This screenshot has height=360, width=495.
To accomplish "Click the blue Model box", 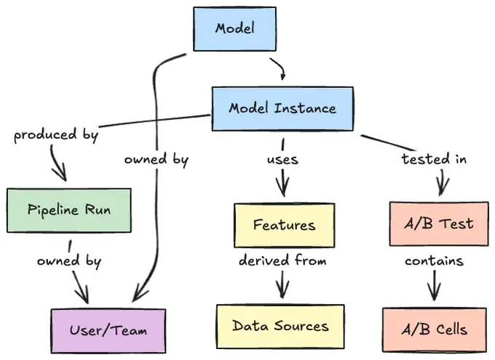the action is click(x=235, y=28).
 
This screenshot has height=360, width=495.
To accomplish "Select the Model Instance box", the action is click(x=282, y=108).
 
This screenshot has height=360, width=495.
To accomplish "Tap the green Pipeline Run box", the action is click(x=69, y=210).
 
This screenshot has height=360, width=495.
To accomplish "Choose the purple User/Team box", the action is click(x=108, y=331).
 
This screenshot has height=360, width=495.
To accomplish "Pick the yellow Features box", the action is click(x=284, y=225).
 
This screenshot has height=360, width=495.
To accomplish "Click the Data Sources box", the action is click(x=280, y=327).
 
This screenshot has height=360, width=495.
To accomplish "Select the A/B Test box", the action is click(x=439, y=224).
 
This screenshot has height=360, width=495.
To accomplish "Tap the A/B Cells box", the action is click(x=435, y=329).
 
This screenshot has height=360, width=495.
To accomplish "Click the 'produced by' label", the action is click(x=56, y=135).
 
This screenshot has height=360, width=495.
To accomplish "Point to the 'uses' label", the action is click(x=282, y=159).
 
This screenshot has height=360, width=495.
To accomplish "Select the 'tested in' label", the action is click(x=434, y=159).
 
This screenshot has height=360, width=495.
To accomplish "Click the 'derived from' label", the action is click(x=282, y=260).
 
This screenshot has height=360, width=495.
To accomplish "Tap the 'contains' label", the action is click(x=434, y=261).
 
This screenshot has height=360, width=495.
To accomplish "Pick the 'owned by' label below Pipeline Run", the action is click(x=69, y=262).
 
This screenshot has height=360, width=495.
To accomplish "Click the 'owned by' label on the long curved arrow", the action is click(x=157, y=160).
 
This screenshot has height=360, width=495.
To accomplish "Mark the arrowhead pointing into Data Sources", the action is click(x=282, y=291).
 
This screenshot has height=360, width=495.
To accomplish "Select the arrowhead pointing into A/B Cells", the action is click(x=435, y=292).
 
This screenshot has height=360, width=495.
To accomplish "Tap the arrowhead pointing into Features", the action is click(x=283, y=188).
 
